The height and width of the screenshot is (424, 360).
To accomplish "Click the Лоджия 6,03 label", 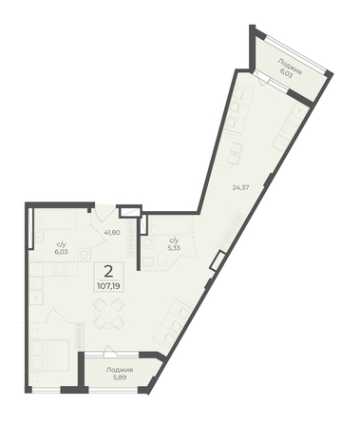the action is [290, 67].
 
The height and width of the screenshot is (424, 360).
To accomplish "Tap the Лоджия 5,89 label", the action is [120, 374].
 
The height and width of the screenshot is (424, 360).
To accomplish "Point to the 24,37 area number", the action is [240, 187].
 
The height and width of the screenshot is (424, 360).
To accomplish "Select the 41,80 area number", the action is [112, 232].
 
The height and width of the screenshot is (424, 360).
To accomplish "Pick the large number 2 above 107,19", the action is [108, 272].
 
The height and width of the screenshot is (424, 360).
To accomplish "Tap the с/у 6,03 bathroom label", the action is [60, 248].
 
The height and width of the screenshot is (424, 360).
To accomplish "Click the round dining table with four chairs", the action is [108, 315].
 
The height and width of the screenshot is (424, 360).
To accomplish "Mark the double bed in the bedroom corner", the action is [50, 355].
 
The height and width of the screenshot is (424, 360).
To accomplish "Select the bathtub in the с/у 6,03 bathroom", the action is [57, 220].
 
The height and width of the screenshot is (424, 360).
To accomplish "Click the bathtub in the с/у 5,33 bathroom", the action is [171, 226].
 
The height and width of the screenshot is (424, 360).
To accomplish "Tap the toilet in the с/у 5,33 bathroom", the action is [162, 260].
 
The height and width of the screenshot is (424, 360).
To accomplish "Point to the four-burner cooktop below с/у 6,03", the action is [61, 269].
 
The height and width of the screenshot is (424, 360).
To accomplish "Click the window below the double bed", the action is [47, 390].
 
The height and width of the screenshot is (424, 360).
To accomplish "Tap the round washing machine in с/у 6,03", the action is [85, 255].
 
